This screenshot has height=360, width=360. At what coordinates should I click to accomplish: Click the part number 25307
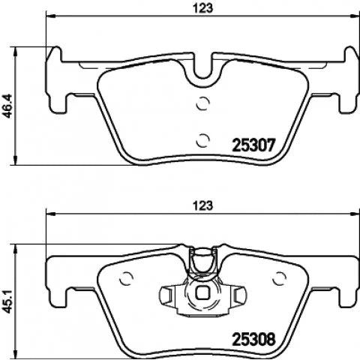253,145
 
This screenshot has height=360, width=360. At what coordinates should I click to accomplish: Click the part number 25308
253,339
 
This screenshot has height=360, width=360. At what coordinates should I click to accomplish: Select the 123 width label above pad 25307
202,8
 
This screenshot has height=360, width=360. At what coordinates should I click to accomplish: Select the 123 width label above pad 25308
202,205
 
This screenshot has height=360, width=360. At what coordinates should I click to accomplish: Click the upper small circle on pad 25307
202,103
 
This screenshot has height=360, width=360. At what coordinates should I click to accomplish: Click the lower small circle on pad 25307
202,140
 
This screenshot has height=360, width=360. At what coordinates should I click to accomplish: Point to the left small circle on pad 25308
126,278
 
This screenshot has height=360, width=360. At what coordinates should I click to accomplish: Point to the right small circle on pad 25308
279,278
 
